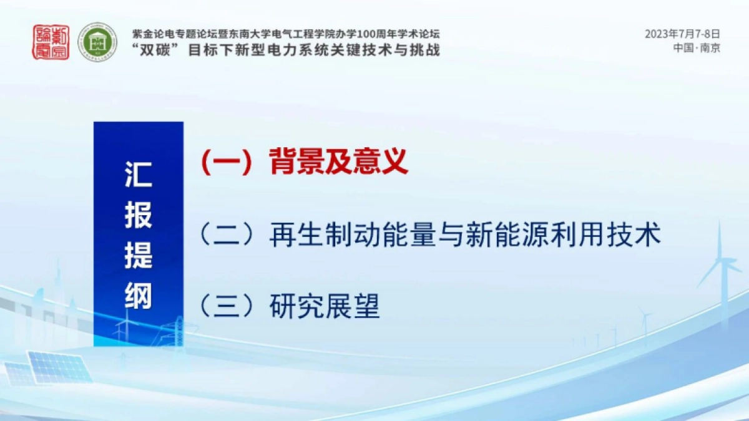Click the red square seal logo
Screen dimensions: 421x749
coord(51,42)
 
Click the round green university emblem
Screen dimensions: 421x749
coord(97,42)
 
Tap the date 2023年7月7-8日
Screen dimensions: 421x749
coord(682,34)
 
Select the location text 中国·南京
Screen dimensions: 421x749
coord(697,48)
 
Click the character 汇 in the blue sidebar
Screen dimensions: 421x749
coord(138,175)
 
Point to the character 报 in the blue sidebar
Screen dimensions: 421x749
coord(138,215)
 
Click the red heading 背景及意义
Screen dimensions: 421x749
coord(339,162)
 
